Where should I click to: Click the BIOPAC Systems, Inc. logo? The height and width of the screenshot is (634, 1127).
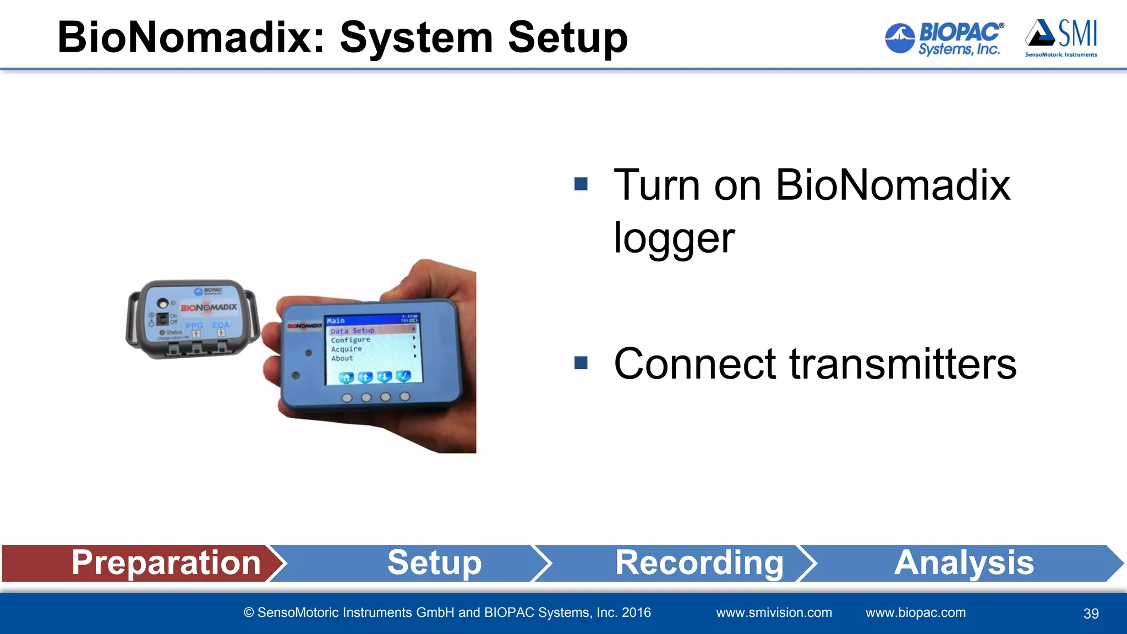pyautogui.click(x=944, y=39)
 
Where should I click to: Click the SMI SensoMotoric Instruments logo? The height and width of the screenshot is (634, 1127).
pyautogui.click(x=1061, y=37)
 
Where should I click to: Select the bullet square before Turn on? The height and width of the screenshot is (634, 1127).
pyautogui.click(x=581, y=184)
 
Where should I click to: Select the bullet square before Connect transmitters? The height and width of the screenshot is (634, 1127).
pyautogui.click(x=581, y=363)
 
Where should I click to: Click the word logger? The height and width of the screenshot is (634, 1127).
pyautogui.click(x=674, y=238)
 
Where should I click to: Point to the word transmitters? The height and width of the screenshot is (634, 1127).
pyautogui.click(x=902, y=364)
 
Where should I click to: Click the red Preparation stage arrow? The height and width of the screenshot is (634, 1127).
pyautogui.click(x=143, y=563)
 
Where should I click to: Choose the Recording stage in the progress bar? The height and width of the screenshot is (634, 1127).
pyautogui.click(x=699, y=563)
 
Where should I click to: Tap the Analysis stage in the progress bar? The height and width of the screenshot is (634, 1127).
pyautogui.click(x=963, y=563)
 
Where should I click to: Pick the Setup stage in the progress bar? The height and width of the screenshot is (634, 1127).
pyautogui.click(x=434, y=563)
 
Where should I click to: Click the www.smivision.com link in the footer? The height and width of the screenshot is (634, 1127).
pyautogui.click(x=774, y=613)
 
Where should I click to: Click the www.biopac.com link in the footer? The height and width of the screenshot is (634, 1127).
pyautogui.click(x=915, y=613)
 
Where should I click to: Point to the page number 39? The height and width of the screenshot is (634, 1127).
pyautogui.click(x=1091, y=614)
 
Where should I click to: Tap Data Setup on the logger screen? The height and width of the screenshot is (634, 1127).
pyautogui.click(x=353, y=331)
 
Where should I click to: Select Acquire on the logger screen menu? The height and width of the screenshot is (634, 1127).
pyautogui.click(x=346, y=349)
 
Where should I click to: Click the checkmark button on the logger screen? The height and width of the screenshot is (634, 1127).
pyautogui.click(x=403, y=376)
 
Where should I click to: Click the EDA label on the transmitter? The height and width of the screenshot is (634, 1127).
pyautogui.click(x=221, y=325)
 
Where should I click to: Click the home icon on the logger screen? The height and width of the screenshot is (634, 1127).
pyautogui.click(x=346, y=377)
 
